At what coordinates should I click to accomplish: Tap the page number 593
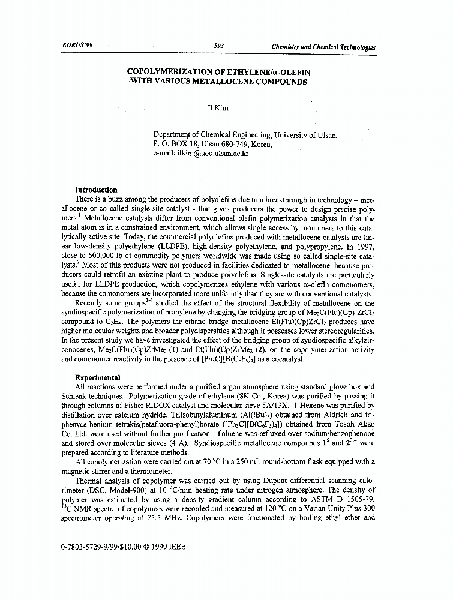point(218,46)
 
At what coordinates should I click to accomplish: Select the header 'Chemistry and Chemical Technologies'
point(323,47)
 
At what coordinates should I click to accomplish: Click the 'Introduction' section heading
point(96,190)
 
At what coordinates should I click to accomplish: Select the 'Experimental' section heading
point(97,378)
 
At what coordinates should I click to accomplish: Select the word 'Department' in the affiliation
point(175,135)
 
